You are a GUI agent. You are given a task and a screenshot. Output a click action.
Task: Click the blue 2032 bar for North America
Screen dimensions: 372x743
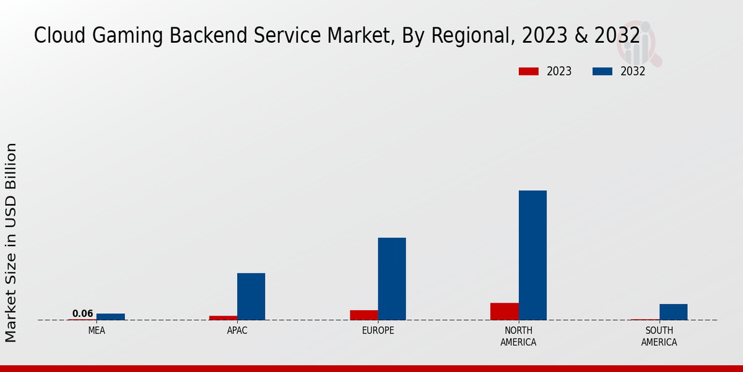[x=532, y=255]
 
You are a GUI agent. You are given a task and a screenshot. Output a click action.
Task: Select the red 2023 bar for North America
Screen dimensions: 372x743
[x=504, y=311]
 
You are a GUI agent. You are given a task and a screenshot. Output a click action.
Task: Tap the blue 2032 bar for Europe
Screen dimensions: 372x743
[x=392, y=278]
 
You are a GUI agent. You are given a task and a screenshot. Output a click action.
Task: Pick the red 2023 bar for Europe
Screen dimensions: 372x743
[x=363, y=315]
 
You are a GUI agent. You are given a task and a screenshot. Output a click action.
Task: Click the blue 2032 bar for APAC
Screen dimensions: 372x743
[x=251, y=296]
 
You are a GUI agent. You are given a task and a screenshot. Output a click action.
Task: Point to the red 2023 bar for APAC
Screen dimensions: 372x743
[x=223, y=317]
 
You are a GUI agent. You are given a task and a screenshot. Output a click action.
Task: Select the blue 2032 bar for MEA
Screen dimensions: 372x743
[x=110, y=317]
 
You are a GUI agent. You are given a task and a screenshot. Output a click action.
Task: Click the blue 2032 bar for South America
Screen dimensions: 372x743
[x=673, y=312]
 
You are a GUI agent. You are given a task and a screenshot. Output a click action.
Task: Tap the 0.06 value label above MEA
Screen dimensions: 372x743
[x=82, y=314]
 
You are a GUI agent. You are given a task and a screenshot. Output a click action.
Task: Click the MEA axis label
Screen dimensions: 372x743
[x=97, y=330]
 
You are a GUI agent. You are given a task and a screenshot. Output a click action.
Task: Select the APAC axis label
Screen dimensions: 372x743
[x=237, y=330]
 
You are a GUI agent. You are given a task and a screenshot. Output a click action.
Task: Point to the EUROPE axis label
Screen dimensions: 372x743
[x=378, y=330]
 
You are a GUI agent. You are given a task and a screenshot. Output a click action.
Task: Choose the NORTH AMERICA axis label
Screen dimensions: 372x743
[x=518, y=336]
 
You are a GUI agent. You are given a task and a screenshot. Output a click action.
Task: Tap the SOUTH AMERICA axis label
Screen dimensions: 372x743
[x=659, y=336]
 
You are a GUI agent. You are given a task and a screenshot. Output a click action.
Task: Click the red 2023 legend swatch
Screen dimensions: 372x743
[x=528, y=71]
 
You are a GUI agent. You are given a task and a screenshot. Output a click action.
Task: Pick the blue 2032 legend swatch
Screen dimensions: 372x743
[x=602, y=71]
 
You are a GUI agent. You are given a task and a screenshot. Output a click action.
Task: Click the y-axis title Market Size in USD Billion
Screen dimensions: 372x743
[x=11, y=242]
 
